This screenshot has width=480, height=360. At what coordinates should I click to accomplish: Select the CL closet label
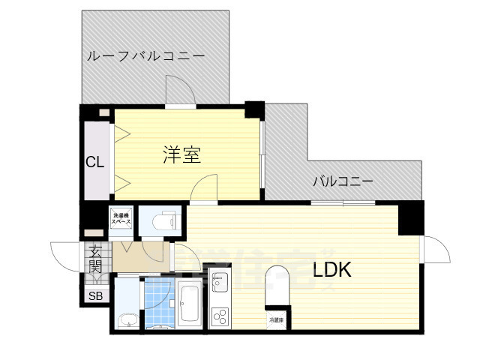click(x=95, y=162)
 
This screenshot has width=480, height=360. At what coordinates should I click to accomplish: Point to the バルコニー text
click(x=343, y=181)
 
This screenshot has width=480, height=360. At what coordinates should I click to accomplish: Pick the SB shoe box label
click(x=95, y=295)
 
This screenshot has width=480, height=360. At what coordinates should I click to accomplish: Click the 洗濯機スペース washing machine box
click(x=121, y=219)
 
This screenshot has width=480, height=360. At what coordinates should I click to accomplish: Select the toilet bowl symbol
click(x=162, y=222)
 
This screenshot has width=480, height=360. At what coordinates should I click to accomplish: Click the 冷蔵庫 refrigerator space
click(x=276, y=319)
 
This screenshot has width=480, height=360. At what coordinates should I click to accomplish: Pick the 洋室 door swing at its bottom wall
click(x=205, y=187)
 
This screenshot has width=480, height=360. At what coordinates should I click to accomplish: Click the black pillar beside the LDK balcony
click(x=410, y=218)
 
